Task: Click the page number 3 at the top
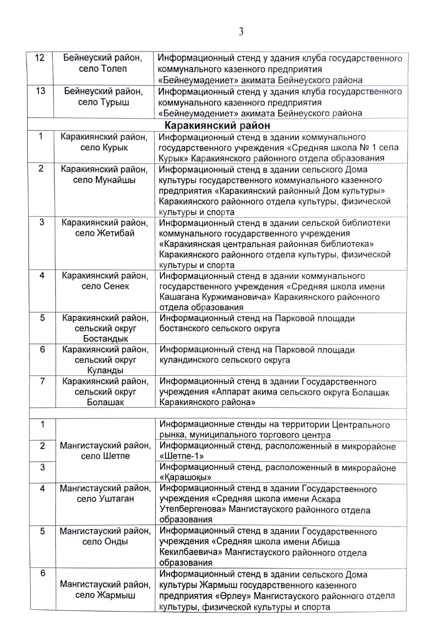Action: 241,32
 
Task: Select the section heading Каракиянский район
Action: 217,125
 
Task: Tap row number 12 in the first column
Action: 40,58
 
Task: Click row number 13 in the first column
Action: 40,91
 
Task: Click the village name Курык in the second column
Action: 115,147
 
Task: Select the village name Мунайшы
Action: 115,180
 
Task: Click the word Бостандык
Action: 105,339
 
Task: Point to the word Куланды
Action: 105,370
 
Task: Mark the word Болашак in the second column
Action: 105,402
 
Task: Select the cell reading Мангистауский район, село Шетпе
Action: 105,451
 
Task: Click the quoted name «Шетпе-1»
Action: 182,456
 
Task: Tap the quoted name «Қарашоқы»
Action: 186,478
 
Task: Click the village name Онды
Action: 116,542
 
